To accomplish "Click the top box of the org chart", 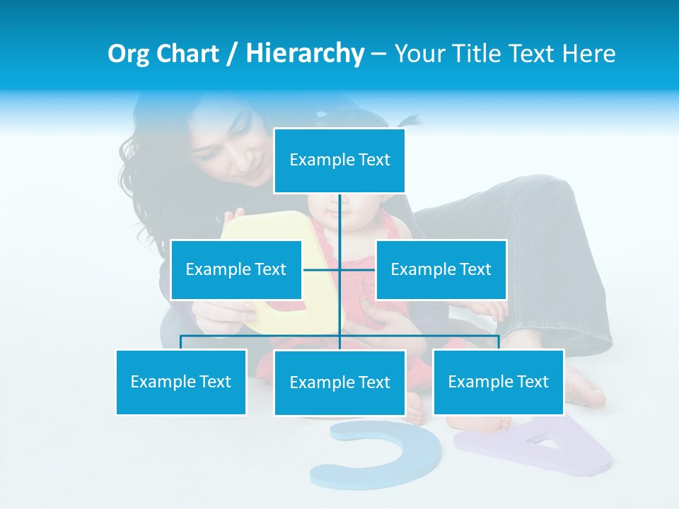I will coord(339,160).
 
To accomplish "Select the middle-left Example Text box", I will coord(236,269).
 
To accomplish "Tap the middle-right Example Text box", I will coord(441,269).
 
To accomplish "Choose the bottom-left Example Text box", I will coord(181,382).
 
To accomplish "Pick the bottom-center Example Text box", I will coord(339,382).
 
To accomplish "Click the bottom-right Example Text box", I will coord(498,382).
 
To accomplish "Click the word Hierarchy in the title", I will coord(305,53).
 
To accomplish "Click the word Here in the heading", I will coord(588,54).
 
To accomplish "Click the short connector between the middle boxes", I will coord(339,269).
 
